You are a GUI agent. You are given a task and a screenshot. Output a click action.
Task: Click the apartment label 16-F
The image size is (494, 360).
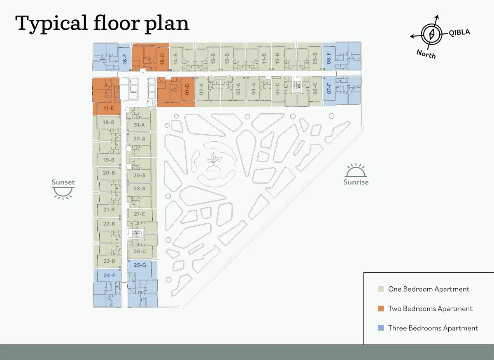pyautogui.click(x=125, y=59)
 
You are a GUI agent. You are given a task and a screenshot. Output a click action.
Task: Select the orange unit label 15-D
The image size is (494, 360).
pyautogui.click(x=162, y=59)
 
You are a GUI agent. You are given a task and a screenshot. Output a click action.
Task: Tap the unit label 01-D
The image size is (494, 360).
pyautogui.click(x=187, y=89)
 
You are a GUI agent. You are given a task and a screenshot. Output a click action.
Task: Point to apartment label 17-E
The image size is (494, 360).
pyautogui.click(x=109, y=108)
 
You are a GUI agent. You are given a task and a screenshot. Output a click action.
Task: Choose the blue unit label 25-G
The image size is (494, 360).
pyautogui.click(x=140, y=265)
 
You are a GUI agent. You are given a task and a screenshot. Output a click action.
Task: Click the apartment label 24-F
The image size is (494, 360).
pyautogui.click(x=110, y=275)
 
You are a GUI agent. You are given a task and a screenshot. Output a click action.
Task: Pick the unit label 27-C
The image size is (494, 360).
pyautogui.click(x=140, y=214)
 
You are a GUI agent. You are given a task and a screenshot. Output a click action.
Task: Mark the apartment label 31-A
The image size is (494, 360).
pyautogui.click(x=139, y=125)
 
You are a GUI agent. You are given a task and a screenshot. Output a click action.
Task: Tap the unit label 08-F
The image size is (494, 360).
pyautogui.click(x=329, y=58)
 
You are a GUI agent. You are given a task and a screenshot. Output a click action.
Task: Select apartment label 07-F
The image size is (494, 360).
pyautogui.click(x=329, y=88)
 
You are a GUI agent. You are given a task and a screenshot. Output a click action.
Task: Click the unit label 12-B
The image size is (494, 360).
pyautogui.click(x=227, y=59)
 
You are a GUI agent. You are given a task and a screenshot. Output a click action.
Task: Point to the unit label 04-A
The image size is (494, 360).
pyautogui.click(x=254, y=89)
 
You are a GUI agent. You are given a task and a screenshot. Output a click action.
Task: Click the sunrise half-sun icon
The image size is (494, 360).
pyautogui.click(x=356, y=171)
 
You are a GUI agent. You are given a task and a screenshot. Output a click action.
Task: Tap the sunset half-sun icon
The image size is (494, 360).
pyautogui.click(x=63, y=193)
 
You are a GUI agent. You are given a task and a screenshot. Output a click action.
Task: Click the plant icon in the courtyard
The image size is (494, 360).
pyautogui.click(x=214, y=162)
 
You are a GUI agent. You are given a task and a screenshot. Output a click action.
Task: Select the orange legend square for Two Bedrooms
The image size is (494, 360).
pyautogui.click(x=381, y=309)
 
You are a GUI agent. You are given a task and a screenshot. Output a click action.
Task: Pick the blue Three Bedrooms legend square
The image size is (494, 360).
pyautogui.click(x=381, y=328)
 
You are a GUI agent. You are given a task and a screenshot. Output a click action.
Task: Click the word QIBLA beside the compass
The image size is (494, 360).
pyautogui.click(x=459, y=33)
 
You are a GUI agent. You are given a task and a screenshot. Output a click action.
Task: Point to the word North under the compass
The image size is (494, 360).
pyautogui.click(x=426, y=54)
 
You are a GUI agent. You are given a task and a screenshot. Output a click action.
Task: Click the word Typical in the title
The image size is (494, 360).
pyautogui.click(x=51, y=24)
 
